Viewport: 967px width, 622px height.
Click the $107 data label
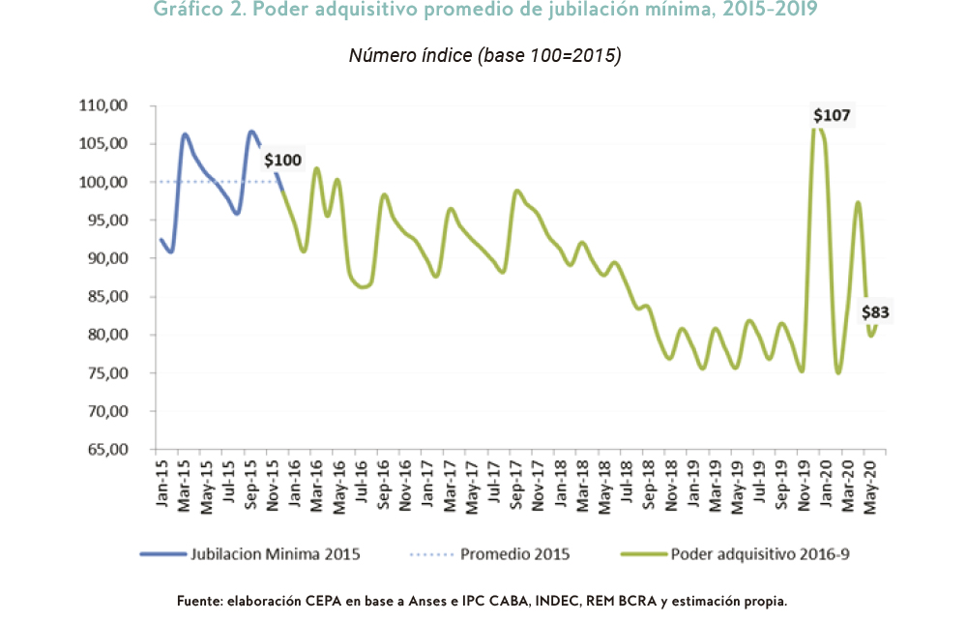[x=832, y=116]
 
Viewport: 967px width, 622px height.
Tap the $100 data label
[x=282, y=160]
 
